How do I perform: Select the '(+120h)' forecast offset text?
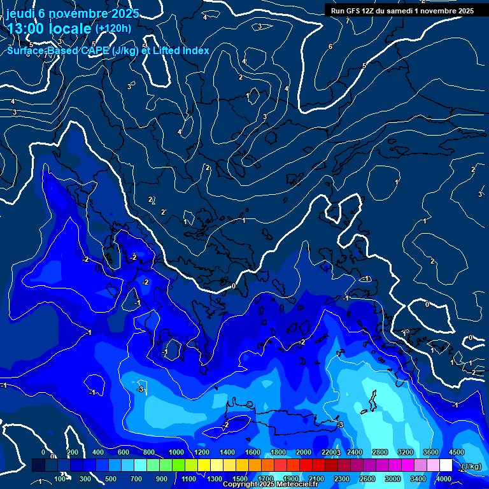click(x=113, y=28)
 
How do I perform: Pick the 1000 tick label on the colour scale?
click(x=176, y=452)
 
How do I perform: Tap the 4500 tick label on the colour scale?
click(x=456, y=452)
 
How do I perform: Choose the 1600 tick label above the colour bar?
click(x=253, y=452)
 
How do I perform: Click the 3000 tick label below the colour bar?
click(x=393, y=479)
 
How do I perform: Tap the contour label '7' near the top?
click(x=348, y=21)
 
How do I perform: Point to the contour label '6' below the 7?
click(x=330, y=46)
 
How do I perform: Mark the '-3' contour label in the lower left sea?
click(x=141, y=389)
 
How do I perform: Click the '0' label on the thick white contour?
click(x=234, y=286)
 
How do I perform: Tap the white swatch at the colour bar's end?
click(x=446, y=465)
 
